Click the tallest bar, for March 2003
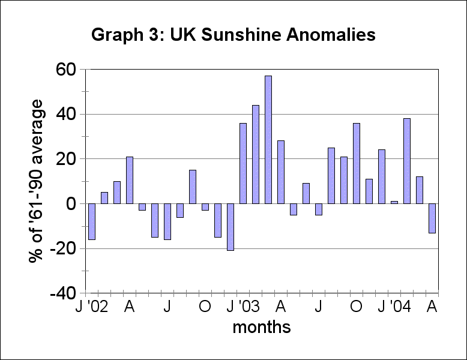(x=268, y=140)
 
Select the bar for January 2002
(x=92, y=221)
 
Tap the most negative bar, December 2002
(x=230, y=227)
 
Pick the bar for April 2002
(x=130, y=180)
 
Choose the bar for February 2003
(x=256, y=154)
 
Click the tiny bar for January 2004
(x=394, y=202)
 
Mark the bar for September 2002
(x=193, y=187)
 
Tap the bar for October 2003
(x=357, y=163)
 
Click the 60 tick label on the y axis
(x=63, y=70)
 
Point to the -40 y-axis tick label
(x=61, y=294)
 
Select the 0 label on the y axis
(x=71, y=204)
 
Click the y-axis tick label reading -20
(x=61, y=249)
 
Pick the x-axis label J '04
(x=394, y=307)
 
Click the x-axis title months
(x=261, y=328)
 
